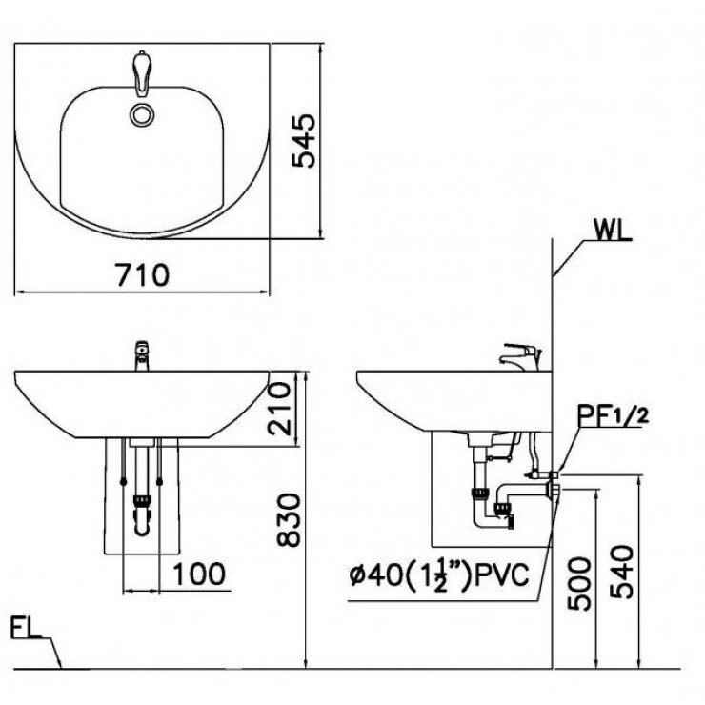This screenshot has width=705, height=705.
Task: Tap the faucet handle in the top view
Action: (x=143, y=75)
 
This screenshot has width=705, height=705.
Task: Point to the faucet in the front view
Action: (x=142, y=355)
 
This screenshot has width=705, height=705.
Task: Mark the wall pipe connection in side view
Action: (x=551, y=485)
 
